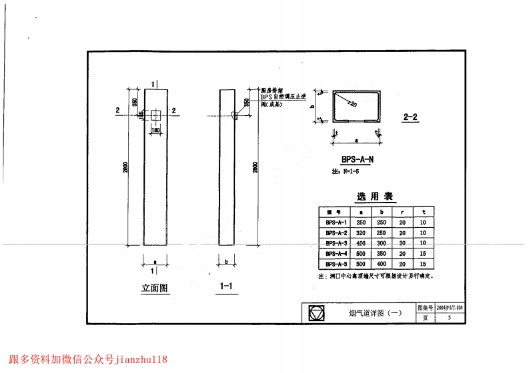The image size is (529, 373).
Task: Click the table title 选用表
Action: [375, 196]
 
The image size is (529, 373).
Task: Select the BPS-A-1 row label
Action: [336, 222]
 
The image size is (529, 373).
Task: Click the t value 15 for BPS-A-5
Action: [423, 264]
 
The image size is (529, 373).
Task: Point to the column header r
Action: [402, 212]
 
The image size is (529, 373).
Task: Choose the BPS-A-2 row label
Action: [336, 233]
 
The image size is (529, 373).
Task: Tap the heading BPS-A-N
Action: [357, 160]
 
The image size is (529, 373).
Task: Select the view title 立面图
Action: [155, 288]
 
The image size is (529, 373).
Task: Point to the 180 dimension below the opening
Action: [156, 130]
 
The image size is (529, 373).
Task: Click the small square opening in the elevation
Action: [155, 115]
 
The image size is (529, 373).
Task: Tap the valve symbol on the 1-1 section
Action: [235, 115]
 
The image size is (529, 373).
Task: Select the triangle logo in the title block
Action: [316, 312]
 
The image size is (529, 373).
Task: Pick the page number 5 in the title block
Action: [450, 318]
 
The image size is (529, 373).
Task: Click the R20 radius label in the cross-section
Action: [352, 105]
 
